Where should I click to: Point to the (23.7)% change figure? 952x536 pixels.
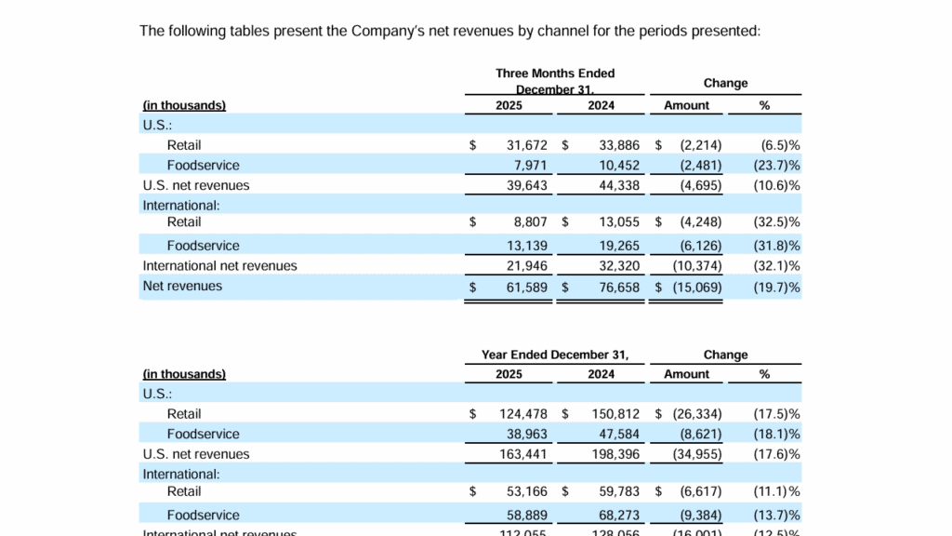pyautogui.click(x=776, y=166)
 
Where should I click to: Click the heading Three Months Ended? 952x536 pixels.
pyautogui.click(x=555, y=74)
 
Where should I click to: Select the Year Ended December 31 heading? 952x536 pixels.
pyautogui.click(x=555, y=355)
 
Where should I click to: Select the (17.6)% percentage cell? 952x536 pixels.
pyautogui.click(x=776, y=454)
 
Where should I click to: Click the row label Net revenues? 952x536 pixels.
pyautogui.click(x=182, y=287)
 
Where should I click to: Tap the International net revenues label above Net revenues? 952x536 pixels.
pyautogui.click(x=219, y=266)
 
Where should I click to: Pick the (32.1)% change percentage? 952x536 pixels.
pyautogui.click(x=776, y=266)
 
